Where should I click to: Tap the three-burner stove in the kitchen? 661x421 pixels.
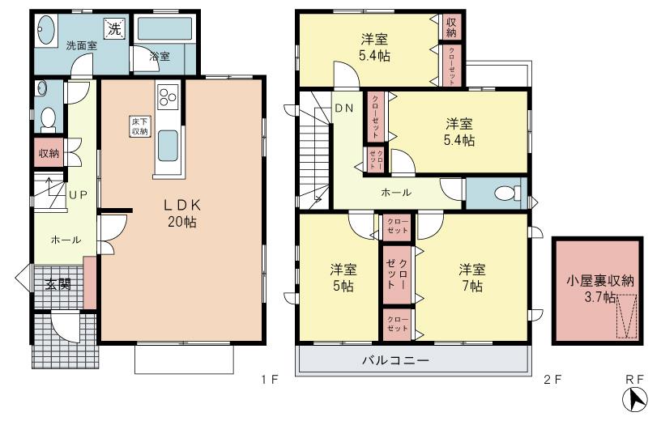pos(168,98)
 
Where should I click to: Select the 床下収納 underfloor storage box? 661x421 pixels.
pos(139,126)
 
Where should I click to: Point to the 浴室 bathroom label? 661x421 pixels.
pos(160,57)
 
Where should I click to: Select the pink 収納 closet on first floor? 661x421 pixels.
pos(49,153)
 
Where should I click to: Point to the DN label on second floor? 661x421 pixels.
pos(343,108)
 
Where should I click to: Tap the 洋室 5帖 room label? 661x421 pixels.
pos(342,277)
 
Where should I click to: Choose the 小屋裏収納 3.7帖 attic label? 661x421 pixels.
pos(599,289)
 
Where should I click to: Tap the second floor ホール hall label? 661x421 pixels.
pos(396,193)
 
